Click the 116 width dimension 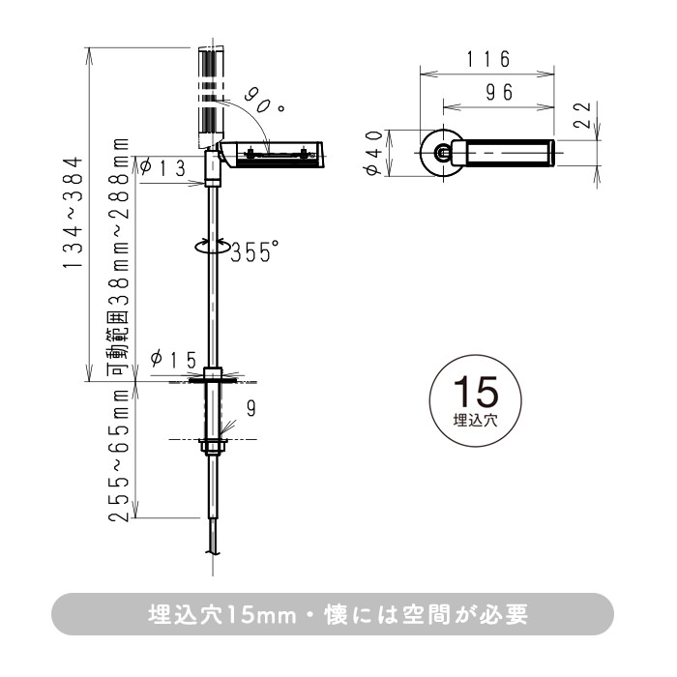click(488, 59)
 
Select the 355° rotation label click(254, 252)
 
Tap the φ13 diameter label click(162, 168)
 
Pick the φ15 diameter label click(174, 360)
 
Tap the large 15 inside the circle click(474, 393)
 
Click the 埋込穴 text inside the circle click(474, 421)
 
